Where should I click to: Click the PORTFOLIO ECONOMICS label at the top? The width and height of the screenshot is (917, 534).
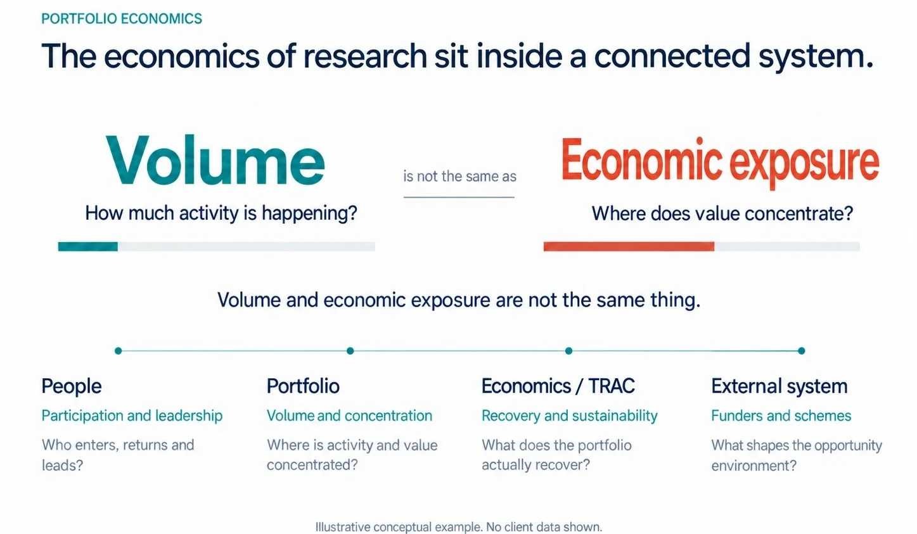tap(122, 19)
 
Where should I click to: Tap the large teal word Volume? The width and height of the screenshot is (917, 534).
tap(215, 160)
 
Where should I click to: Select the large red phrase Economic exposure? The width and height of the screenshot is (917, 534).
tap(720, 163)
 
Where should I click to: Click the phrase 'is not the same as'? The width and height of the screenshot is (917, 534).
tap(459, 177)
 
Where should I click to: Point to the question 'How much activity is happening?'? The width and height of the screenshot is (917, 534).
tap(221, 213)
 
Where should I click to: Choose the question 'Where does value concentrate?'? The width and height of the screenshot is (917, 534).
tap(722, 213)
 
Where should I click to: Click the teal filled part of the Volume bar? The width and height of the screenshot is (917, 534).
tap(88, 246)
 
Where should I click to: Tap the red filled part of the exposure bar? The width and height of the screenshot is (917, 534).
tap(629, 246)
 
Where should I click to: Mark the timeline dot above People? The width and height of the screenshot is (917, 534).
tap(119, 351)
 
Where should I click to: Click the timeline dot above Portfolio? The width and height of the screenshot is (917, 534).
tap(350, 351)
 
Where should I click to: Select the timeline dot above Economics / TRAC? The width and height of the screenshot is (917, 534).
tap(568, 351)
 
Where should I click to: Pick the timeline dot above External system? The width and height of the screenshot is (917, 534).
tap(802, 351)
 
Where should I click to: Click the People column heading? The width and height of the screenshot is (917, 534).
tap(72, 386)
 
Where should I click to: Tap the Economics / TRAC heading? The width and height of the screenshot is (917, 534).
tap(558, 386)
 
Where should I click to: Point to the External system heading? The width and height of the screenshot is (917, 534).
tap(779, 386)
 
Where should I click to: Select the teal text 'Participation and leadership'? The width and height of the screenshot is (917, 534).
tap(132, 416)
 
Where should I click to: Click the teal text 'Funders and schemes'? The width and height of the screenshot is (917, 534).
tap(781, 416)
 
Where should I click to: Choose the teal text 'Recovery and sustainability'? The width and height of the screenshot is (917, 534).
tap(570, 416)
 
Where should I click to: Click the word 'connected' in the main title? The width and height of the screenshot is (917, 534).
tap(672, 56)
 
